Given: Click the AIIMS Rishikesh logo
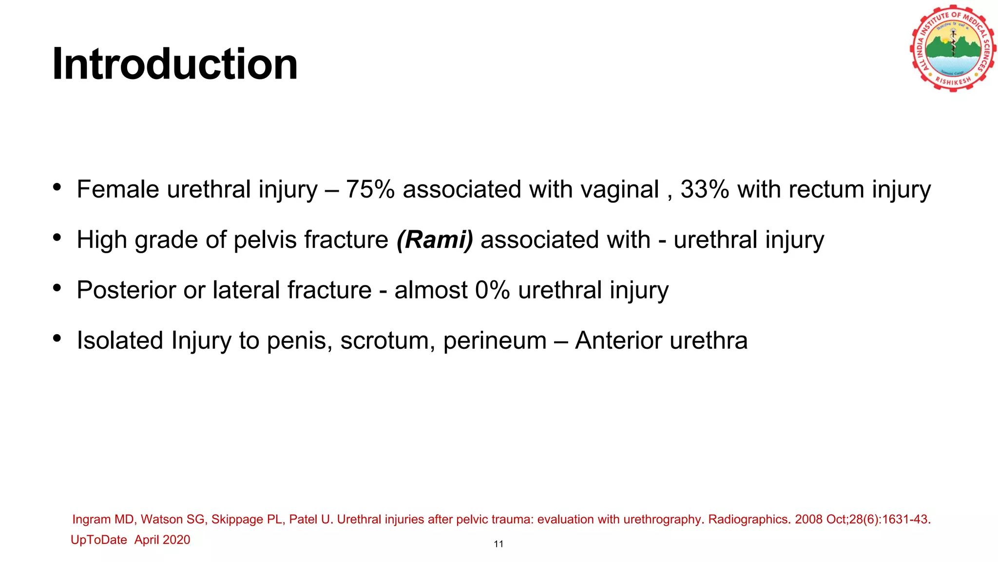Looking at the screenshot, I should coord(952,49).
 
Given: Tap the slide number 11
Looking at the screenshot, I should coord(499,544).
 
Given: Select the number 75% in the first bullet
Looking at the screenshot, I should coord(370,189).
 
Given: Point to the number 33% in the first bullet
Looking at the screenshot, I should coord(705,189).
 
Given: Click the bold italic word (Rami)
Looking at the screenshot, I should coord(435,240).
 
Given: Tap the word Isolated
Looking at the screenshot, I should coord(120,341).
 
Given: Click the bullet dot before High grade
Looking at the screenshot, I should coord(57,238).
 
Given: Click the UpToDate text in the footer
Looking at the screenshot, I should coord(98,540).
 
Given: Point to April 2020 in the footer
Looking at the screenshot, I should coord(162,540).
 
